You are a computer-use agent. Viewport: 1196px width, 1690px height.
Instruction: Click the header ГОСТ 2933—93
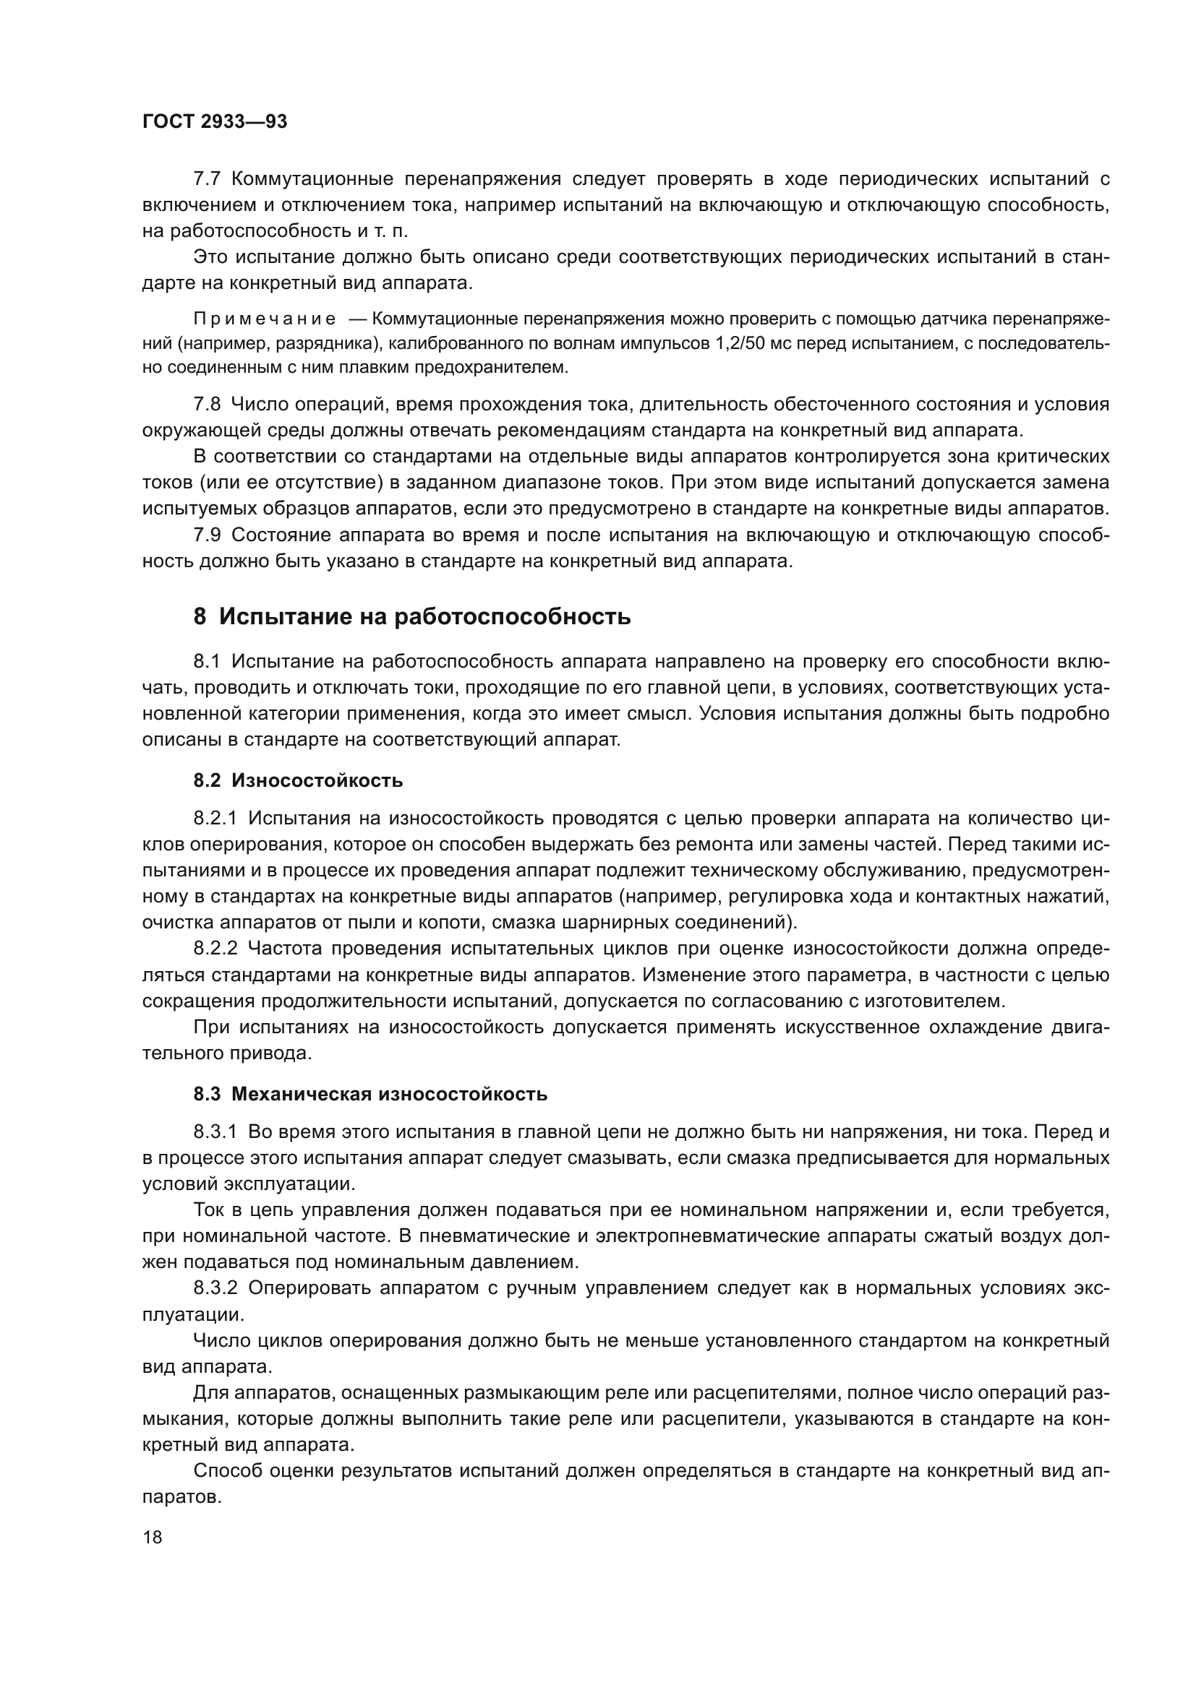(214, 122)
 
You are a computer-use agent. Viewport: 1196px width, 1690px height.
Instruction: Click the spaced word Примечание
(265, 319)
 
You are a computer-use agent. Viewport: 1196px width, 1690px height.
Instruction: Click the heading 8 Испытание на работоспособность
(411, 616)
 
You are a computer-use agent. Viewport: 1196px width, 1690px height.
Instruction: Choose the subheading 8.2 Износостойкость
(297, 780)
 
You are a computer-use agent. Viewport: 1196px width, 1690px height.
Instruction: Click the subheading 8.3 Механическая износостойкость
(370, 1094)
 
